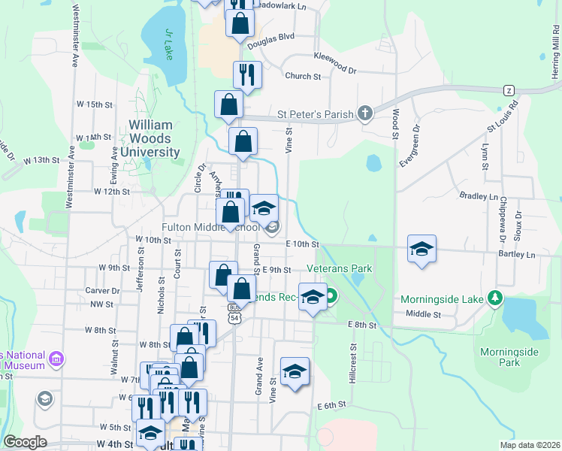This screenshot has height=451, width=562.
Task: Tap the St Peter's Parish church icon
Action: [364, 114]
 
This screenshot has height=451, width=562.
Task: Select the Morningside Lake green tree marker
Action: [494, 299]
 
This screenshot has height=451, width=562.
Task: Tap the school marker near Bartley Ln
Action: [422, 249]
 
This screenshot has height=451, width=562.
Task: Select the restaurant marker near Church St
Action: [247, 74]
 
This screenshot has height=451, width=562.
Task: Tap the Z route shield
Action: [509, 90]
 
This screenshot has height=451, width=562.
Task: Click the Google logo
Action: [26, 442]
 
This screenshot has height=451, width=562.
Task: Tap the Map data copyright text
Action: [529, 445]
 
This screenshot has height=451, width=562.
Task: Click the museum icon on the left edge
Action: [55, 359]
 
